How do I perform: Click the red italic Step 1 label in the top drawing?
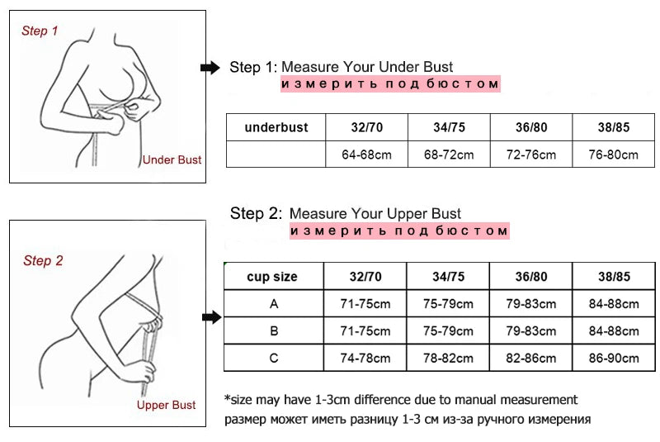[x=40, y=31]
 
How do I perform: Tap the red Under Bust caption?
[x=172, y=159]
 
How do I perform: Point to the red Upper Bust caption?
[x=166, y=405]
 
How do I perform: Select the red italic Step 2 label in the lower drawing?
[x=43, y=261]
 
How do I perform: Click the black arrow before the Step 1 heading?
[x=211, y=68]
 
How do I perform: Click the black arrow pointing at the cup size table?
[x=212, y=316]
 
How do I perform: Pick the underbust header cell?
[x=276, y=127]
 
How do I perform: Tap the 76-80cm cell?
[x=613, y=154]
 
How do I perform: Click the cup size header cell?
[x=272, y=277]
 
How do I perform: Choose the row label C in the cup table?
[x=274, y=358]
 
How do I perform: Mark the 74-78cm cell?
[x=365, y=358]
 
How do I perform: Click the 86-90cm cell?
[x=614, y=358]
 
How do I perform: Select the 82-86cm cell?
[x=530, y=358]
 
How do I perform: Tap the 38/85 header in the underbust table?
[x=613, y=127]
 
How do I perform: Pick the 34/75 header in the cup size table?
[x=448, y=277]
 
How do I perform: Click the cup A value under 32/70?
[x=365, y=304]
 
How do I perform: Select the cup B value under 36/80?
[x=530, y=331]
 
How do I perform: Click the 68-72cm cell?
[x=448, y=154]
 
